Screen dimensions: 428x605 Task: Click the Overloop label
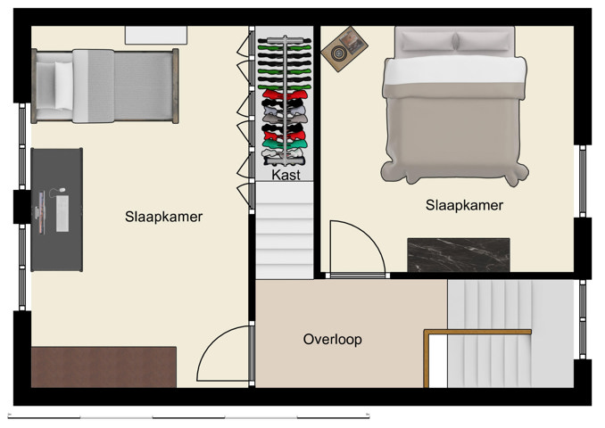[332, 340]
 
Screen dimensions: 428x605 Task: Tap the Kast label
[286, 176]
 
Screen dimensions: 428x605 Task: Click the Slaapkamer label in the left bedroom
[164, 217]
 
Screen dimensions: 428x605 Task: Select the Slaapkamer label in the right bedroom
[464, 205]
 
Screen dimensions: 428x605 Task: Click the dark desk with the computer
[57, 210]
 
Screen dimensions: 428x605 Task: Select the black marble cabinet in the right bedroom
[458, 254]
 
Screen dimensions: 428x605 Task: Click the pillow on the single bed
[63, 85]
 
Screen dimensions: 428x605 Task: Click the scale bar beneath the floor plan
[187, 416]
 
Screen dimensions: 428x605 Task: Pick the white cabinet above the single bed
[156, 34]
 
